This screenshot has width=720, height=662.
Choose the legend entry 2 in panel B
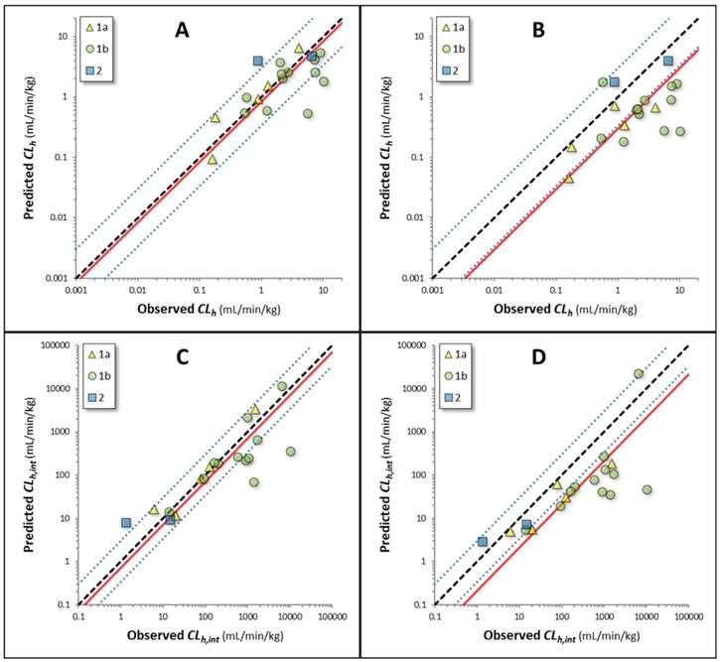[456, 71]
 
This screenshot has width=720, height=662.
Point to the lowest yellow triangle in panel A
[212, 159]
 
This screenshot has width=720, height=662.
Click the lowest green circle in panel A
[308, 114]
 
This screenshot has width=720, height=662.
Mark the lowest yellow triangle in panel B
[568, 178]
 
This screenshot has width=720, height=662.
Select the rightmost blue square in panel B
[668, 61]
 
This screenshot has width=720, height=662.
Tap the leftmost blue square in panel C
[126, 522]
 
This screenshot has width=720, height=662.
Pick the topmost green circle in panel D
[639, 374]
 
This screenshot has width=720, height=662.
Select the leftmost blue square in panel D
[483, 542]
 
